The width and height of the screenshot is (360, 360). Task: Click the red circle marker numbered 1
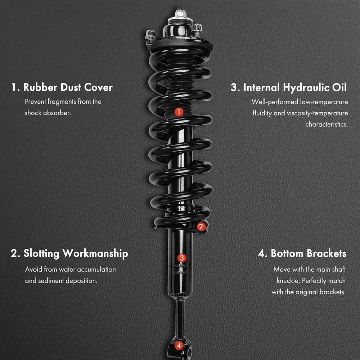coord(179,112)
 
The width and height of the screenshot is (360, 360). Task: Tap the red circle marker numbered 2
coord(201,226)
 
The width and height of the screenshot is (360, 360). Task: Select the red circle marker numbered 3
coord(181,258)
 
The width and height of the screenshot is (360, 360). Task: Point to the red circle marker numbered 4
coord(179,345)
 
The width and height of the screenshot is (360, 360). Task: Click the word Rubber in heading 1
coord(40,87)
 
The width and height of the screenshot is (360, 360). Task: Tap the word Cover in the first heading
coord(98,87)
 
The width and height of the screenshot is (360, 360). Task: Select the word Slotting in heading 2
coord(41,253)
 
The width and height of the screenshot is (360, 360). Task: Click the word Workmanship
coord(95,253)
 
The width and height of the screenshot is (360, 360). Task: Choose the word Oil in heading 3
coord(339,87)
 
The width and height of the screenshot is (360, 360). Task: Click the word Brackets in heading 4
coord(327,253)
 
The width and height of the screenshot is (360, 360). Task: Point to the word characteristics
coord(327,124)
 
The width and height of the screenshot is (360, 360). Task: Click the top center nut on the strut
coord(180,13)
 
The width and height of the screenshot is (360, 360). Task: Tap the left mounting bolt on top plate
coord(150,35)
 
